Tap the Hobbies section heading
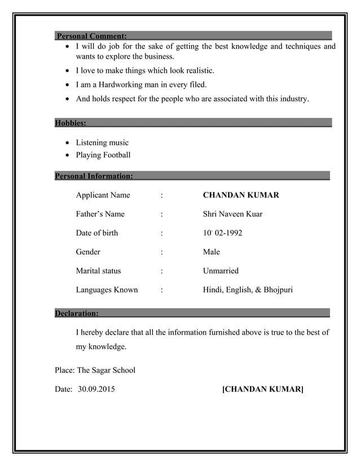point(71,122)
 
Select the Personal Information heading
point(94,176)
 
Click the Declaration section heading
point(77,313)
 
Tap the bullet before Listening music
point(68,143)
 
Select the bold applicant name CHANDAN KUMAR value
point(240,195)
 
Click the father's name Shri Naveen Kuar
point(232,214)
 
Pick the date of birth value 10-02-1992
point(223,232)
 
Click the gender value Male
point(212,252)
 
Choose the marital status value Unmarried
point(221,271)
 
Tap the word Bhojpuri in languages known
point(278,290)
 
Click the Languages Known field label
point(107,290)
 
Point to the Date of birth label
point(97,232)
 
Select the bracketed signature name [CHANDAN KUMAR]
point(263,389)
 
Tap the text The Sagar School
point(106,371)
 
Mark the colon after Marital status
point(162,271)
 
